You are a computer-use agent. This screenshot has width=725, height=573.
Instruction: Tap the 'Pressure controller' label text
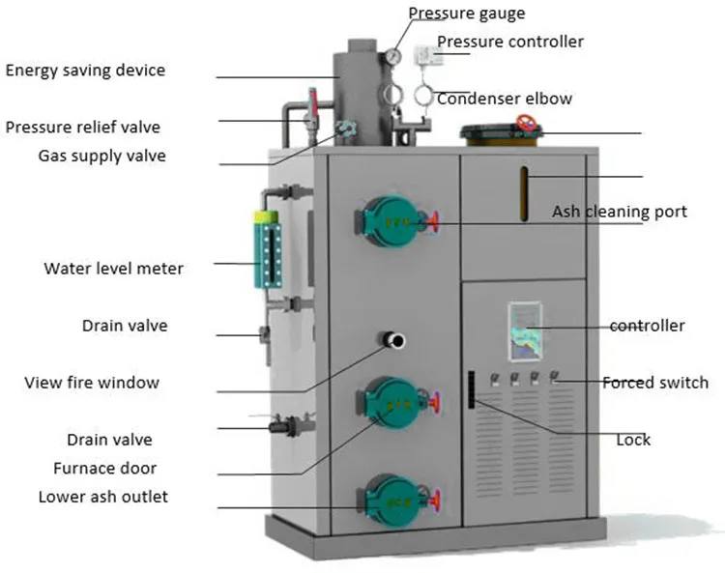(510, 42)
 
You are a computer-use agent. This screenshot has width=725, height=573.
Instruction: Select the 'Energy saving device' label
(85, 70)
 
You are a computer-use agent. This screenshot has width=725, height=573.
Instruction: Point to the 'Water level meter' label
(113, 268)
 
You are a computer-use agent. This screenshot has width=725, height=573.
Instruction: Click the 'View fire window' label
(92, 383)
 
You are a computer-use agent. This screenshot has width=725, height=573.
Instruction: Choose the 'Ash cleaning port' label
(620, 211)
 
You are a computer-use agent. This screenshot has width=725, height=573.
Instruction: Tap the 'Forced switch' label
(655, 382)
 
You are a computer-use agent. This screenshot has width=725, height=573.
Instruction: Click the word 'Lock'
(634, 440)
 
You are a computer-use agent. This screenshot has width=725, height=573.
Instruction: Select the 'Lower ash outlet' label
(102, 497)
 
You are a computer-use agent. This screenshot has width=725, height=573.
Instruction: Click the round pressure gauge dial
(394, 56)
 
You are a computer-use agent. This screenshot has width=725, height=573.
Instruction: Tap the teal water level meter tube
(266, 249)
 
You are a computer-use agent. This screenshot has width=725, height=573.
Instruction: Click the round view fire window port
(395, 339)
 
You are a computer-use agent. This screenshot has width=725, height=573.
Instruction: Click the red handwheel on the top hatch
(527, 124)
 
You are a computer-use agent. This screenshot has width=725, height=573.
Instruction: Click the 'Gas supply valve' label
(101, 156)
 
